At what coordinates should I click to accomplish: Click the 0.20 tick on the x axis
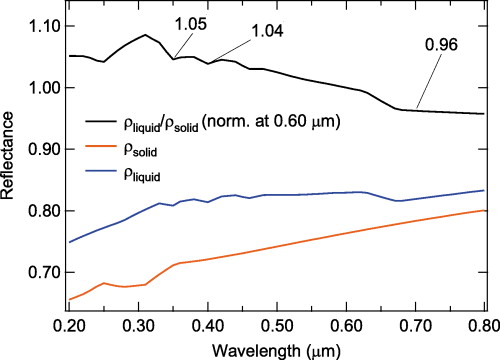[x=70, y=325]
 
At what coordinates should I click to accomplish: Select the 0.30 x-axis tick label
[x=139, y=325]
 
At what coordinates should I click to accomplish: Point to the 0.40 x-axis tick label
[x=208, y=325]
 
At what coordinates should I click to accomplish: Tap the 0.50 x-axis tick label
[x=277, y=325]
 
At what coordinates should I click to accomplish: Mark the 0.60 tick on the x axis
[x=346, y=325]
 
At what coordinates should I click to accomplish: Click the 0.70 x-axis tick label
[x=415, y=325]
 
